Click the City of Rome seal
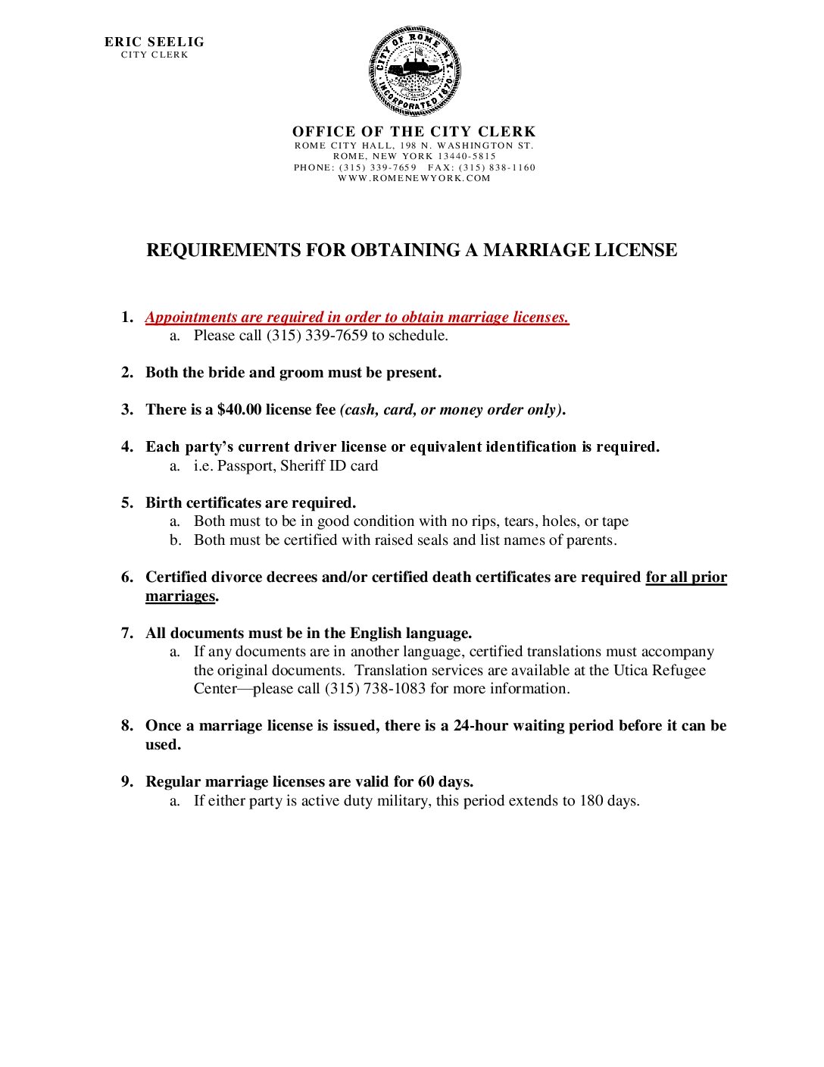(414, 72)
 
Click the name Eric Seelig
(154, 42)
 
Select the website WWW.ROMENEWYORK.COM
(414, 179)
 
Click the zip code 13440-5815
(467, 156)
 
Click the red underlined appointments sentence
(357, 318)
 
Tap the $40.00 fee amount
(239, 410)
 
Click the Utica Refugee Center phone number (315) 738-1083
(375, 689)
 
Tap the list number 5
(126, 503)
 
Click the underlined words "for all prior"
(685, 577)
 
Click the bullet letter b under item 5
(175, 540)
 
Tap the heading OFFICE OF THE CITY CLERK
(414, 132)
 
